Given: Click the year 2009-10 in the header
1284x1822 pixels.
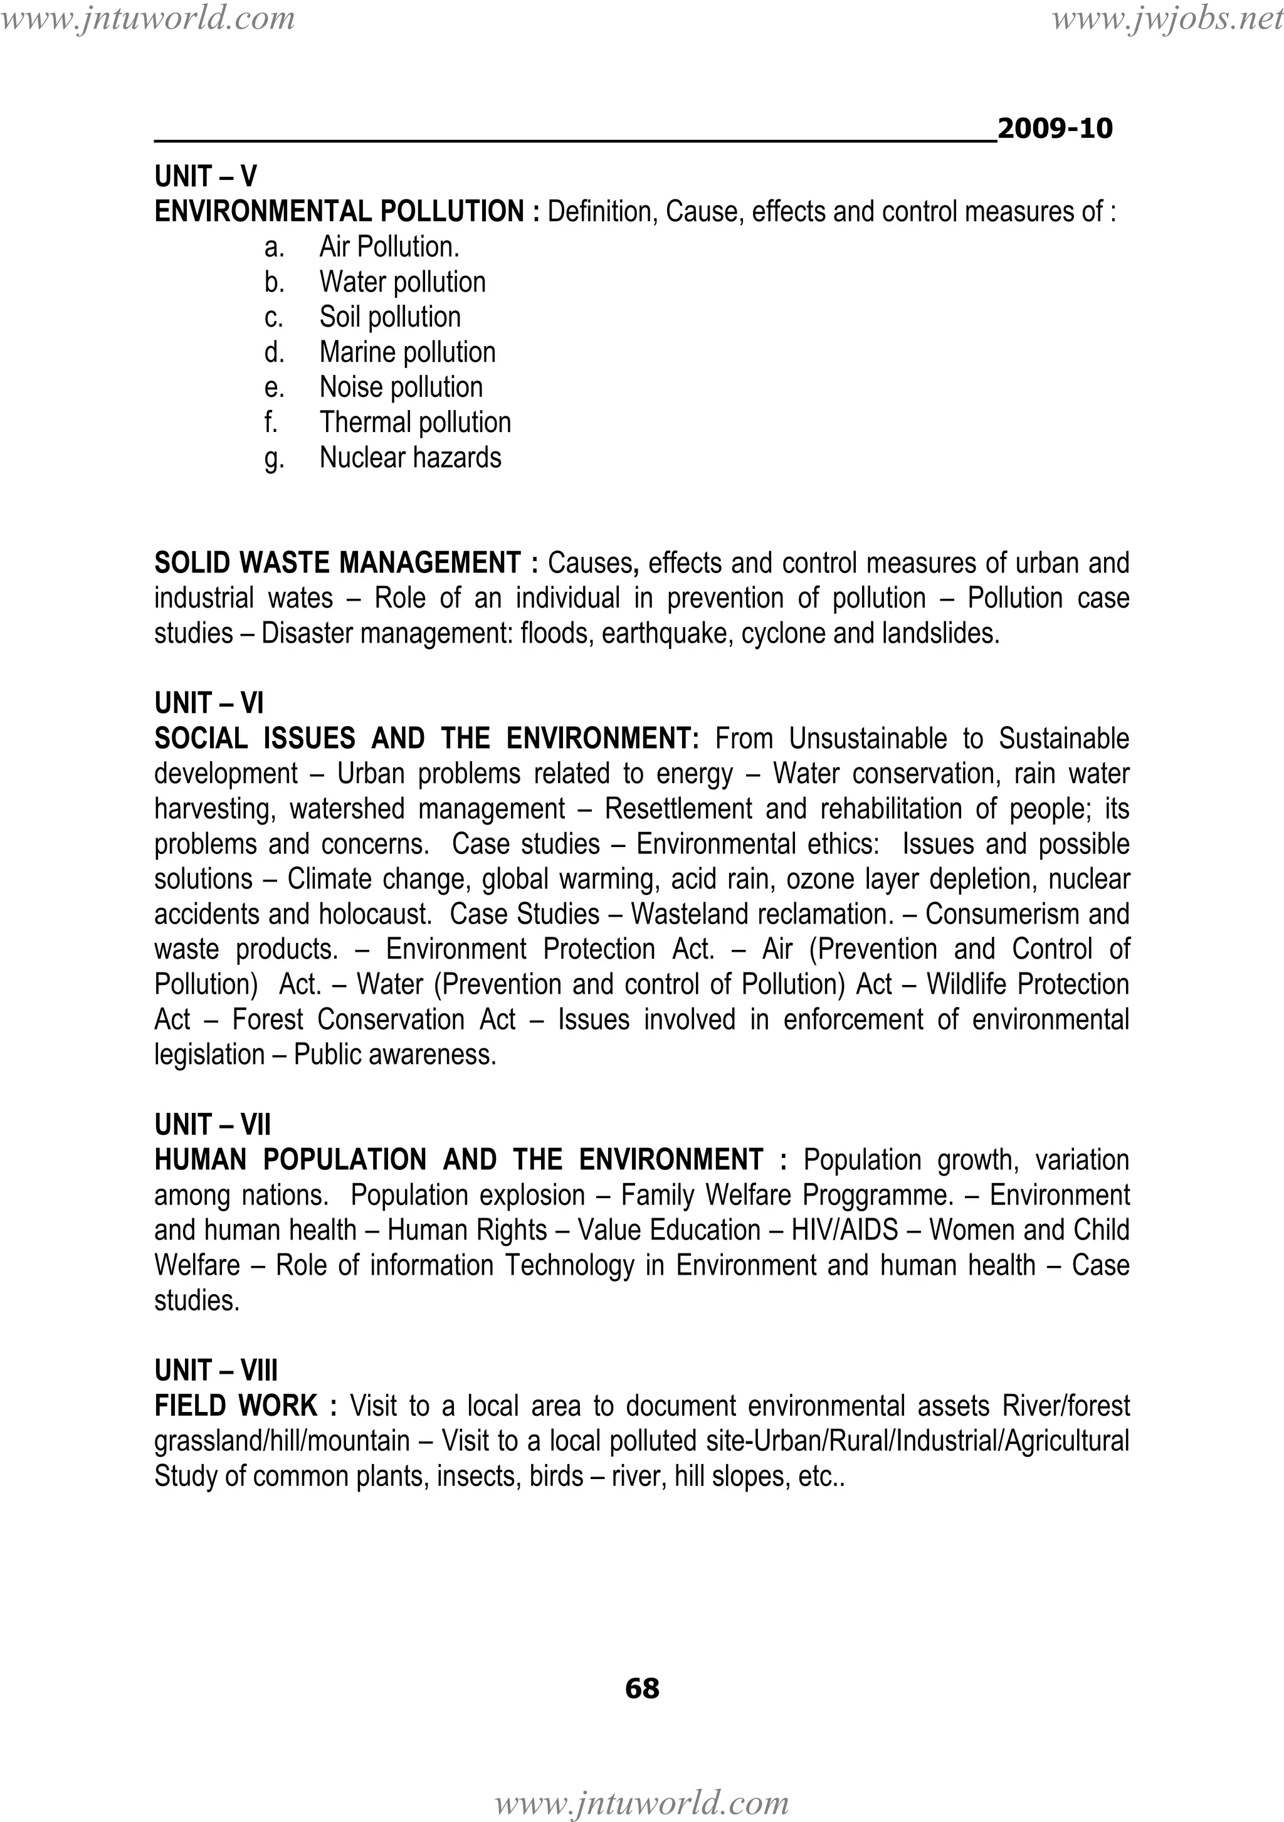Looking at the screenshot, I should coord(1055,129).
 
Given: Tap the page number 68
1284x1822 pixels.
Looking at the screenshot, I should coord(642,1688).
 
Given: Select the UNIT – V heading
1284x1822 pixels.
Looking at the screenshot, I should coord(206,176).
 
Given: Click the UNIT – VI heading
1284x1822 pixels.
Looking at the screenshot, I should coord(209,703).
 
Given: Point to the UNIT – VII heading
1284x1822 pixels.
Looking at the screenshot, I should coord(212,1124).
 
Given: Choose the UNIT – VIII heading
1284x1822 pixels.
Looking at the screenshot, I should coord(216,1371).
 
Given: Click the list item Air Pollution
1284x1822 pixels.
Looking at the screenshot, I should coord(389,247).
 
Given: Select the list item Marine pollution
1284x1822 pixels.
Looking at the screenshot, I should coord(407,352).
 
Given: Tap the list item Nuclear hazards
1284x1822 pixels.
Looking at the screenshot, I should coord(410,458).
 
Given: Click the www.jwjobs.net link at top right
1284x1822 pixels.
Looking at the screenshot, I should coord(1167,18).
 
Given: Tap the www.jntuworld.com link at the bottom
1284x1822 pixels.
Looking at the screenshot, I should coord(642,1803).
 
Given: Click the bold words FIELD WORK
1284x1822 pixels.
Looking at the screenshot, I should coord(236,1406).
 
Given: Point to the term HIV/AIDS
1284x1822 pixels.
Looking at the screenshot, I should coord(845,1230).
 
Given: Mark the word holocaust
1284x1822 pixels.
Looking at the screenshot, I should coord(376,914).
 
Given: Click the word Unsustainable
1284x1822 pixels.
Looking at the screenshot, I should coord(867,739).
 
